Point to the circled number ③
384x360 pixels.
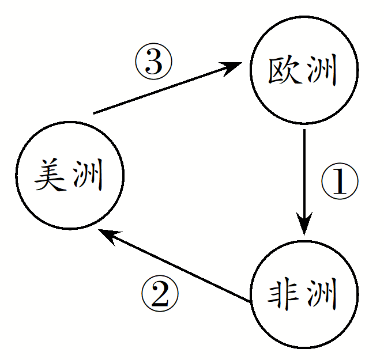tap(153, 62)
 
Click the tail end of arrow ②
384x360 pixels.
tap(249, 300)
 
